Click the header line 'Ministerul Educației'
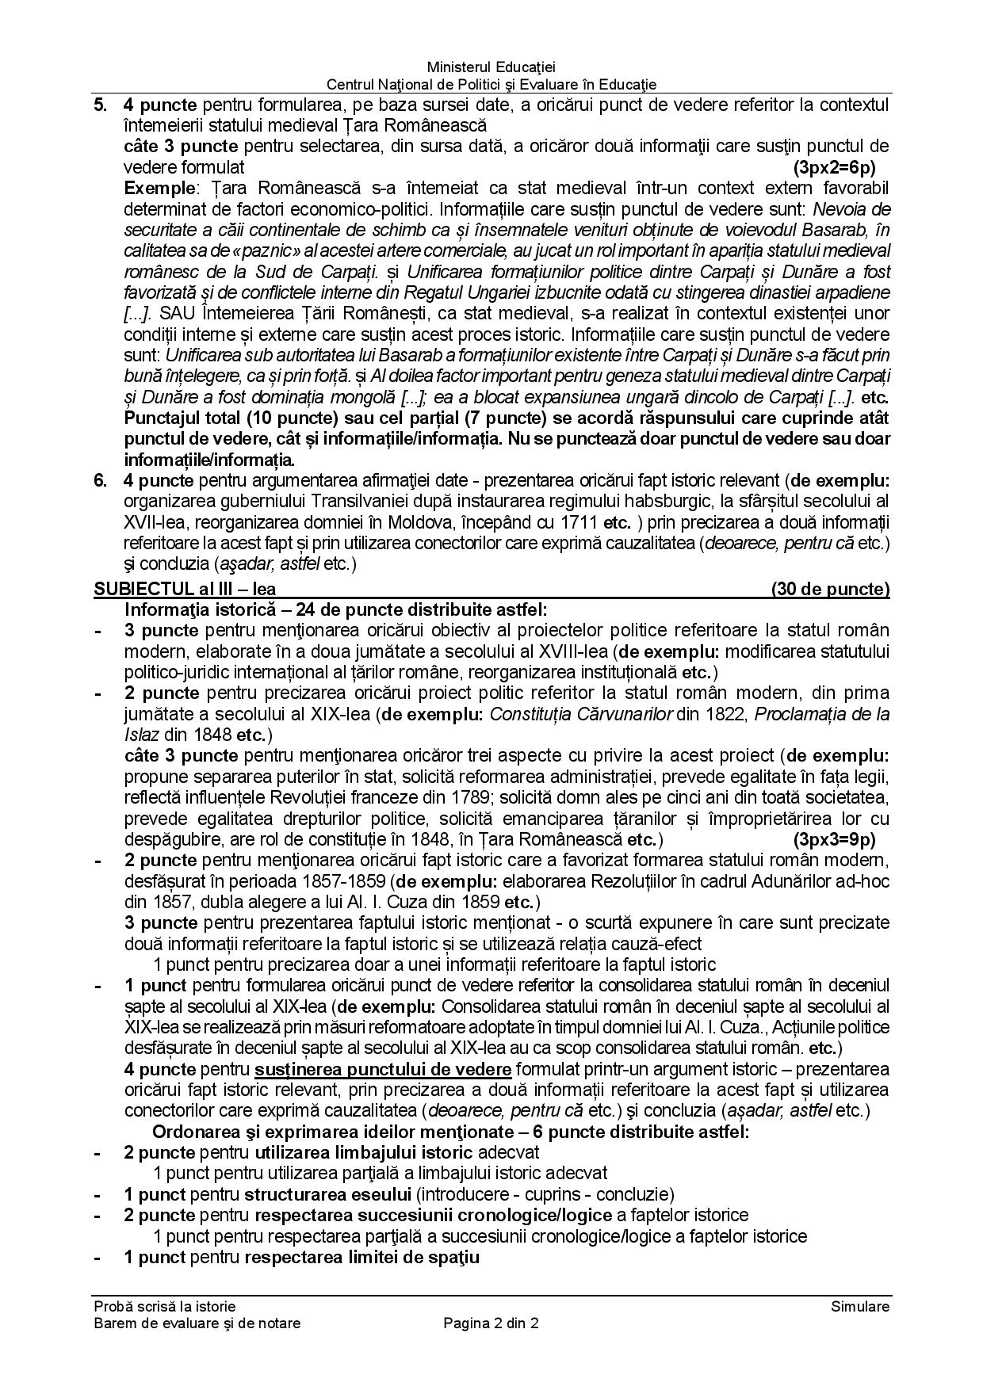491,68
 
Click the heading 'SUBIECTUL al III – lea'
185,589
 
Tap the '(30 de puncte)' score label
830,589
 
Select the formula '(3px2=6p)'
833,167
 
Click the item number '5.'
101,105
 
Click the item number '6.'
101,480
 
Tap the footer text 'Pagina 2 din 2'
491,1323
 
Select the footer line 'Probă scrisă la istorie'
164,1307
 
